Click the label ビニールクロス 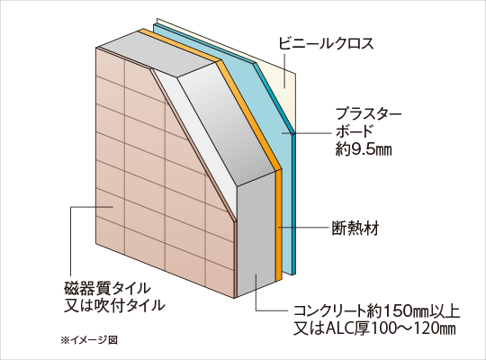pos(326,44)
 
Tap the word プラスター pos(368,113)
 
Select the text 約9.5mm pos(364,149)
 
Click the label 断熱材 pos(355,229)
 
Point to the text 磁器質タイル pos(107,288)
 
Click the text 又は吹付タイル pos(114,305)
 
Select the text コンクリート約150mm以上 pos(376,311)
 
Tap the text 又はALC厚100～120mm pos(374,328)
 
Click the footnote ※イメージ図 pos(89,340)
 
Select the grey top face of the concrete pos(158,54)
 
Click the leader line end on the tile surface pos(112,206)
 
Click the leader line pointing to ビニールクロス pos(283,69)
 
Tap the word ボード pos(354,131)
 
